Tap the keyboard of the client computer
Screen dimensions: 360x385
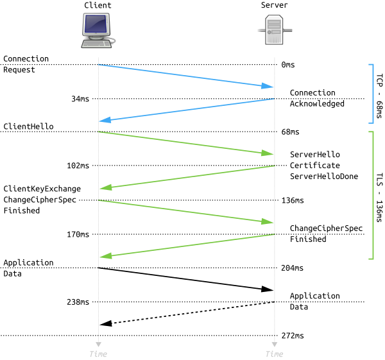(x=96, y=44)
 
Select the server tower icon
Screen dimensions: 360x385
(x=275, y=30)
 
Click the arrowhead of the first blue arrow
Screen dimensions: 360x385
(x=268, y=86)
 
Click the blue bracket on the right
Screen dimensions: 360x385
(x=372, y=93)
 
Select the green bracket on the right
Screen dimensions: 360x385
(x=372, y=195)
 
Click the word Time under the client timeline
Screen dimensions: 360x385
(x=98, y=354)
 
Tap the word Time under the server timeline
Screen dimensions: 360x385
(x=274, y=354)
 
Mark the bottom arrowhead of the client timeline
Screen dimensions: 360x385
(x=98, y=344)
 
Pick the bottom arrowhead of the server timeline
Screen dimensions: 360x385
(x=274, y=344)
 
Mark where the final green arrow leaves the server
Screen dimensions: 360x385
(x=273, y=234)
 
